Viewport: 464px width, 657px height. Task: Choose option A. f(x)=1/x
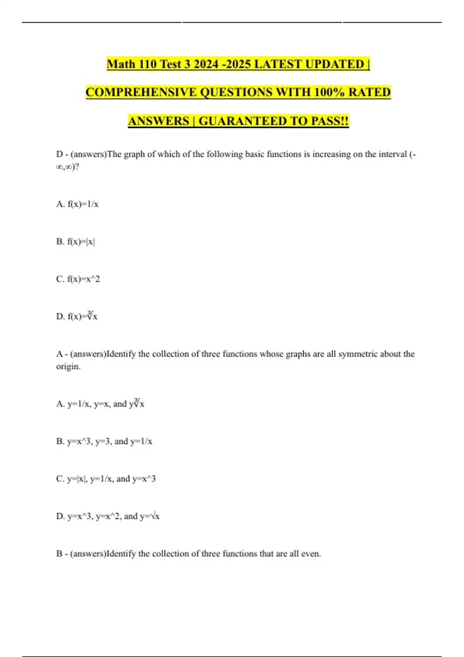pyautogui.click(x=77, y=204)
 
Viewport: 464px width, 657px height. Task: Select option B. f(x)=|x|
pyautogui.click(x=76, y=242)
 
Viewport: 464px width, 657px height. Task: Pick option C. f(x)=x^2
pyautogui.click(x=78, y=279)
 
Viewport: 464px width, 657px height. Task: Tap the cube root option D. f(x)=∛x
pyautogui.click(x=77, y=317)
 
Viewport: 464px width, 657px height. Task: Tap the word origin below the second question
pyautogui.click(x=68, y=366)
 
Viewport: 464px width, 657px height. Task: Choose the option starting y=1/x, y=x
pyautogui.click(x=100, y=404)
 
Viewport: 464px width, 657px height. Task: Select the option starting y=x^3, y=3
pyautogui.click(x=104, y=441)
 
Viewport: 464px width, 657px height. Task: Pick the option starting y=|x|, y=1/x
pyautogui.click(x=106, y=479)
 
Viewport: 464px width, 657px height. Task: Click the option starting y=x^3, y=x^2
pyautogui.click(x=108, y=516)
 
